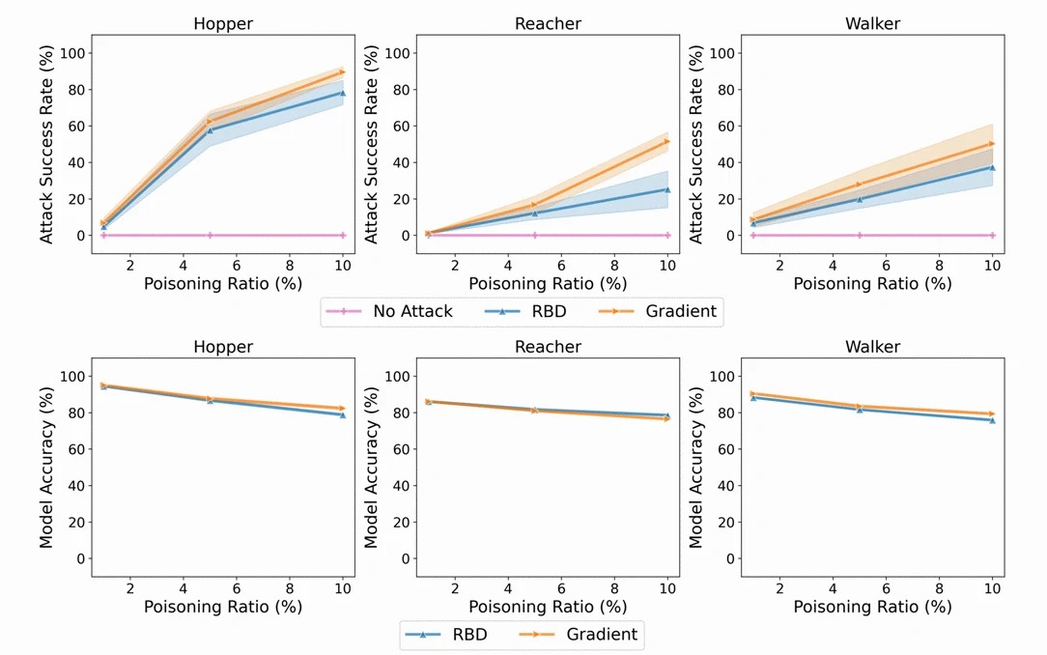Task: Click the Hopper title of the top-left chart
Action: click(x=223, y=23)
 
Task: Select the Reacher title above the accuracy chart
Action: click(x=548, y=347)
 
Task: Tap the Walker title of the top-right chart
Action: click(x=872, y=23)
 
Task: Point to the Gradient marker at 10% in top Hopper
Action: click(x=343, y=72)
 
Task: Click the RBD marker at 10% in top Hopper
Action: click(x=343, y=94)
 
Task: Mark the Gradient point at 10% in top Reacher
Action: click(x=667, y=141)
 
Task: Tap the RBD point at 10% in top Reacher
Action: click(x=667, y=189)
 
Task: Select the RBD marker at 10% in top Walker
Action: click(x=992, y=167)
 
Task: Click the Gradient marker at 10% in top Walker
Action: click(x=992, y=144)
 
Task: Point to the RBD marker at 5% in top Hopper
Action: click(x=210, y=129)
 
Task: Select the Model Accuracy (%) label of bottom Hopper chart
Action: click(x=47, y=468)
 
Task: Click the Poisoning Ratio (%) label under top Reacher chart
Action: click(x=548, y=284)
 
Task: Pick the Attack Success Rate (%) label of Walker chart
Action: click(x=696, y=144)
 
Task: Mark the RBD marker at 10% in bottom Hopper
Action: click(x=343, y=414)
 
